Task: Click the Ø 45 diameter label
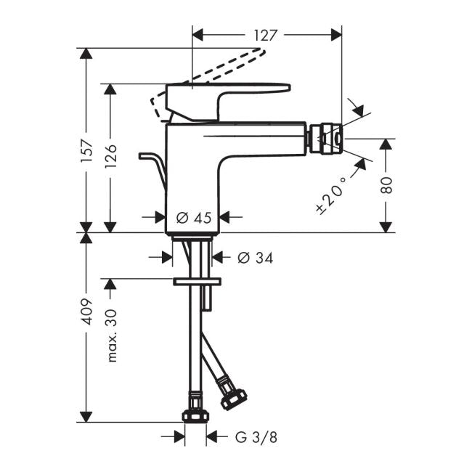(x=194, y=217)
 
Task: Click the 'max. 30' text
(x=112, y=335)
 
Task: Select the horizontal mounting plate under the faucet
(x=196, y=281)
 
